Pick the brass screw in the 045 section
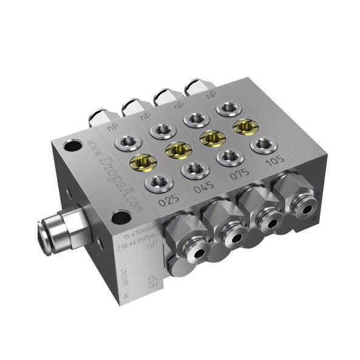pos(177,148)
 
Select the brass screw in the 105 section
pos(244,125)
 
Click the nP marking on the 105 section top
pos(211,96)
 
